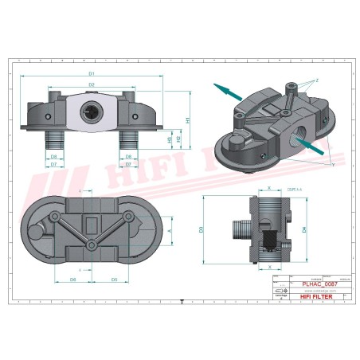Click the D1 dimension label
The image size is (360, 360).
(x=92, y=73)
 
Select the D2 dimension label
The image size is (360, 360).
(x=92, y=84)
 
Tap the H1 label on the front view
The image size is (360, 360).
(x=188, y=120)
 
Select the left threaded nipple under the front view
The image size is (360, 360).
(x=55, y=141)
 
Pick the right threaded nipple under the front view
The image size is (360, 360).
(x=129, y=141)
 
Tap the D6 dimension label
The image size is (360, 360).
(x=72, y=280)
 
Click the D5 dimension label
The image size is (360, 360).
(x=115, y=280)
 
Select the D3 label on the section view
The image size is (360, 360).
(x=202, y=229)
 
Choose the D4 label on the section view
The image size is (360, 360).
(x=306, y=229)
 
